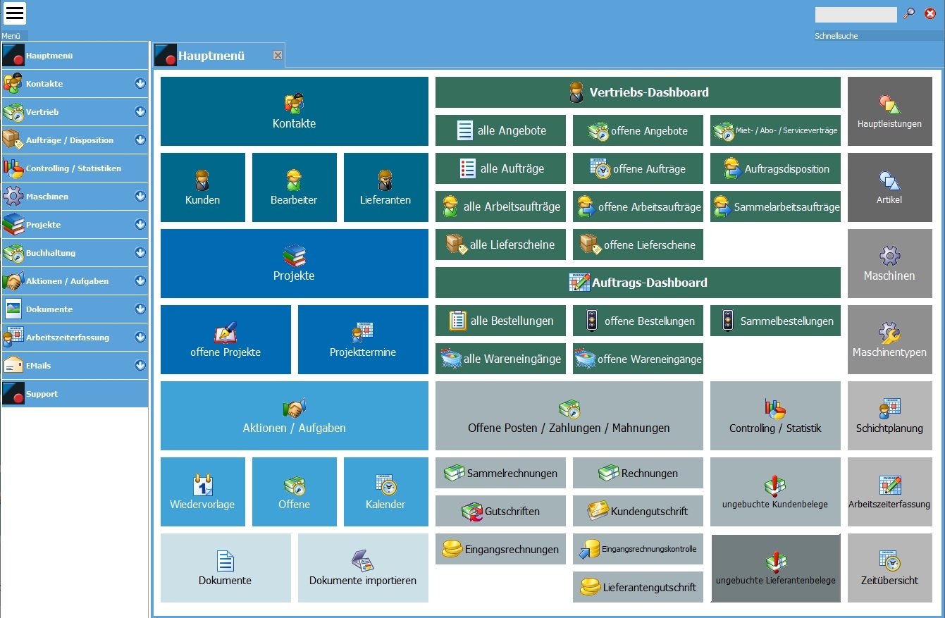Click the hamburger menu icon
coord(15,13)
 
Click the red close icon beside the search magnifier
coord(929,13)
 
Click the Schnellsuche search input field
coord(856,15)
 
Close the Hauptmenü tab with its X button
coord(278,56)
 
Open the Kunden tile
coord(203,187)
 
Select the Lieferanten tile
coord(385,187)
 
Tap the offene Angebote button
coord(638,130)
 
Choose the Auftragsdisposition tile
coord(775,168)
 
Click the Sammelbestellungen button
coord(775,321)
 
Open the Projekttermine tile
coord(363,340)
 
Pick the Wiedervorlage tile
coord(203,492)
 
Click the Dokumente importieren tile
coord(363,568)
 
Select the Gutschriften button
coord(500,511)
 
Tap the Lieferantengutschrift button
coord(638,587)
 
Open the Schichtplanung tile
coord(889,416)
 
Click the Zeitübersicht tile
coord(889,568)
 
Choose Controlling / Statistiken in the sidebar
coord(74,168)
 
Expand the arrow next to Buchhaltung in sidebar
coord(140,253)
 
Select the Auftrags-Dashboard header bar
coord(638,283)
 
